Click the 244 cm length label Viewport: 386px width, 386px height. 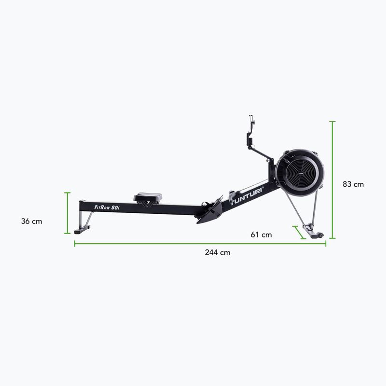click(x=218, y=252)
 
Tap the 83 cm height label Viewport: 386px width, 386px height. click(x=353, y=184)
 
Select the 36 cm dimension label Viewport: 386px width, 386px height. click(x=31, y=221)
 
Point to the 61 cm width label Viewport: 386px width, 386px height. click(x=261, y=234)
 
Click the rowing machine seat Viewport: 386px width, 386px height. click(x=148, y=197)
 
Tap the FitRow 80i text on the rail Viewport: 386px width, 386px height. click(x=107, y=207)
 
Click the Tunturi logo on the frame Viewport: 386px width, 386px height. click(x=247, y=196)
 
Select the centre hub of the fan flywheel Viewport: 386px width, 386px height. click(x=300, y=173)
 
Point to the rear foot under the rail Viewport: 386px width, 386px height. click(x=82, y=231)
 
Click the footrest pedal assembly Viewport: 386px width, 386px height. click(x=209, y=211)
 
